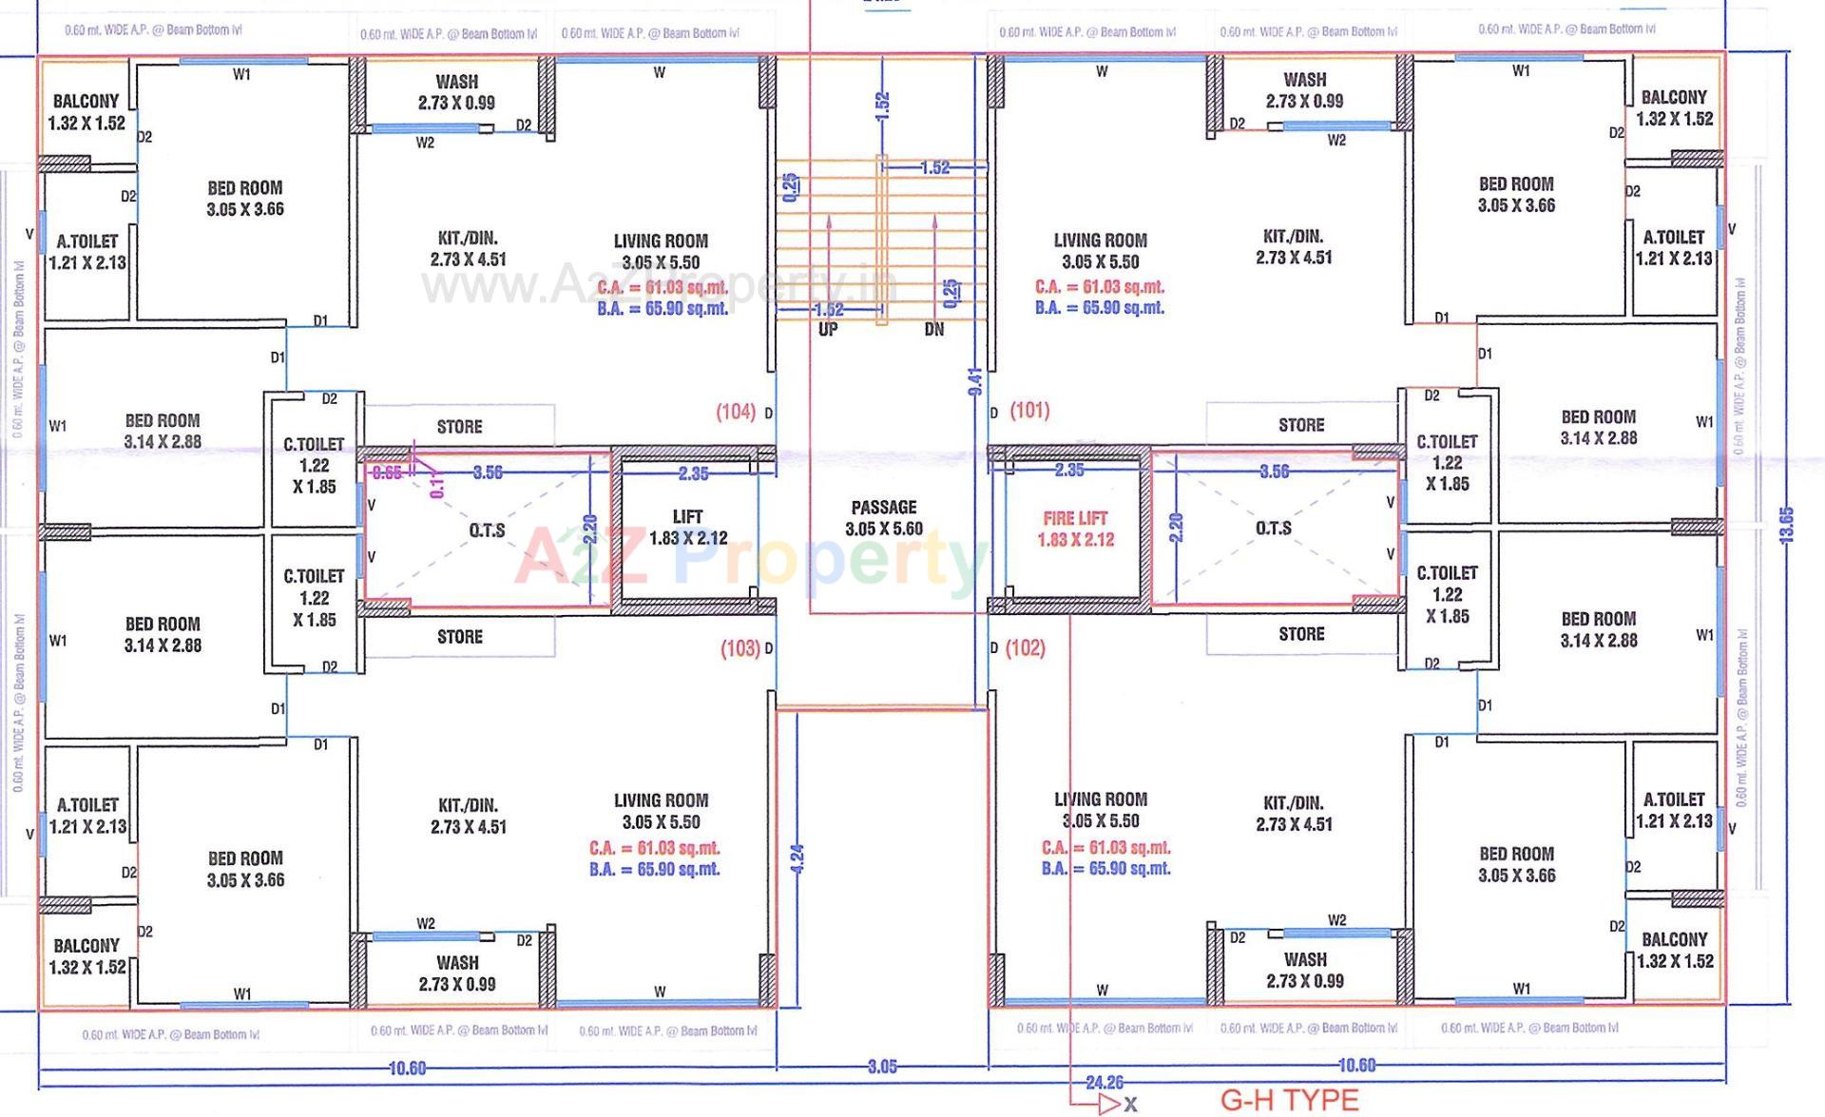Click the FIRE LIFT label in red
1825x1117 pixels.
click(1075, 519)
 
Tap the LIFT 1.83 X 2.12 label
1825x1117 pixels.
click(687, 528)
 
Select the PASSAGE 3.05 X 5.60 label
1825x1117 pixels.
click(884, 518)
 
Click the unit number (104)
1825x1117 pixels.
click(736, 412)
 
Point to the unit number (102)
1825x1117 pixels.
click(1025, 648)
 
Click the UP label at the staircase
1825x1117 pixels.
click(828, 330)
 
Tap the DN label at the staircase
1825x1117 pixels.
click(934, 330)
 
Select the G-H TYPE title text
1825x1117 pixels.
click(1289, 1100)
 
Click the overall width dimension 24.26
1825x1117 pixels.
click(1104, 1083)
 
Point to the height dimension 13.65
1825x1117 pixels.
click(1786, 525)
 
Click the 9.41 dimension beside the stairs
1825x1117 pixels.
click(974, 381)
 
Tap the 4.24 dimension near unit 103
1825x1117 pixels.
click(797, 858)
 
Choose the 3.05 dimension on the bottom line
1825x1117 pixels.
click(882, 1067)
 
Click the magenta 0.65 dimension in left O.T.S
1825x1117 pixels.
click(386, 472)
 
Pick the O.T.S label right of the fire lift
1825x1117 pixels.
click(1274, 529)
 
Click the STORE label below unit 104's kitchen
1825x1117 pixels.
click(459, 428)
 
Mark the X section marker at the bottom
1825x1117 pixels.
click(1130, 1105)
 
